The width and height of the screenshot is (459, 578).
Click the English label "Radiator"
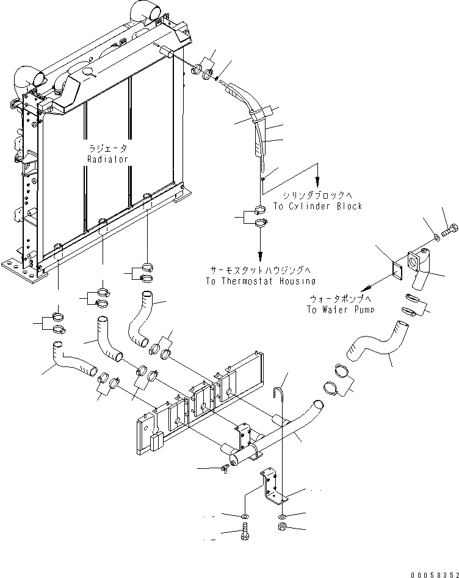click(107, 159)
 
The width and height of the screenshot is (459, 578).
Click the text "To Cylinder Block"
click(317, 206)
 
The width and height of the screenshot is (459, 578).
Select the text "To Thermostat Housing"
click(261, 281)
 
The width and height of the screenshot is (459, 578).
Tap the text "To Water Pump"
click(341, 310)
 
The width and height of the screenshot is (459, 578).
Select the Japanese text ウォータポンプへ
click(341, 299)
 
